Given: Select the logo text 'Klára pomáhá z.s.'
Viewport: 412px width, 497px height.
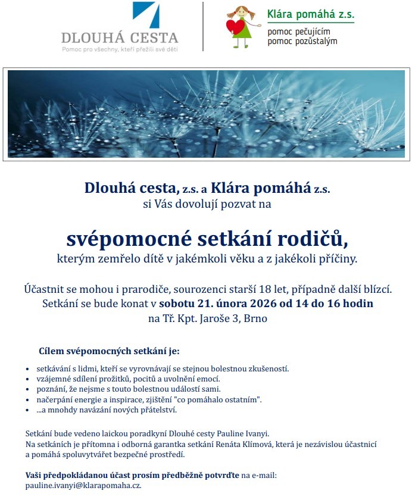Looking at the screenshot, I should [310, 13].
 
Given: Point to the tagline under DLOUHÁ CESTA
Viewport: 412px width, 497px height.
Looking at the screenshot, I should [120, 49].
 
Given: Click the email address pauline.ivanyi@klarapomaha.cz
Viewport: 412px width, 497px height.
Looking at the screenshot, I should [83, 486].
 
